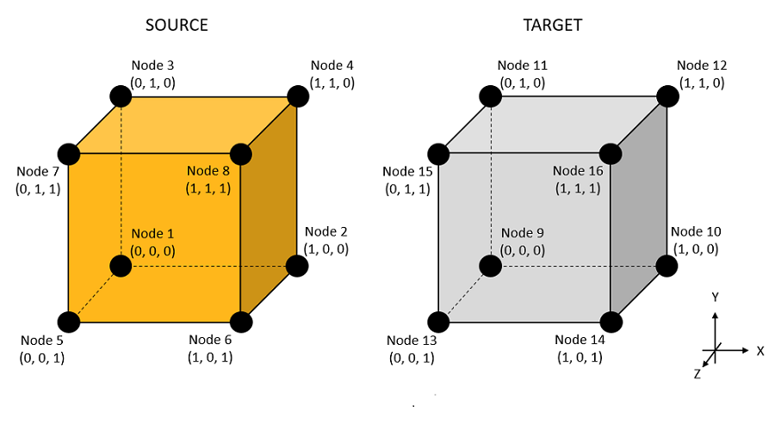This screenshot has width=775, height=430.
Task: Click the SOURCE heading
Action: (177, 25)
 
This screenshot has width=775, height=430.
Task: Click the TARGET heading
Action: (552, 25)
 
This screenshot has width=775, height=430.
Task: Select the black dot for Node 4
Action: (297, 95)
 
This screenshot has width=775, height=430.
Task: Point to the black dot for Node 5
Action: (68, 322)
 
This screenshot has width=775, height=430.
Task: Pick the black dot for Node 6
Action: (242, 322)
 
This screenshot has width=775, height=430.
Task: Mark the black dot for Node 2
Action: (297, 266)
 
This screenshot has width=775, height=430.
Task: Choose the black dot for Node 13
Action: (438, 322)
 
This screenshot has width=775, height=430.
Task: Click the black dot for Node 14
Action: (611, 322)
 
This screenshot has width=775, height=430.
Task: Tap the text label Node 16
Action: (579, 171)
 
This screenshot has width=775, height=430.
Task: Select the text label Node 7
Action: (37, 171)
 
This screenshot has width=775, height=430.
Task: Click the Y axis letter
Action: (714, 298)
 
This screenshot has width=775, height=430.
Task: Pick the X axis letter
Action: (760, 351)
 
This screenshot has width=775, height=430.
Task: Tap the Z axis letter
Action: (697, 374)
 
